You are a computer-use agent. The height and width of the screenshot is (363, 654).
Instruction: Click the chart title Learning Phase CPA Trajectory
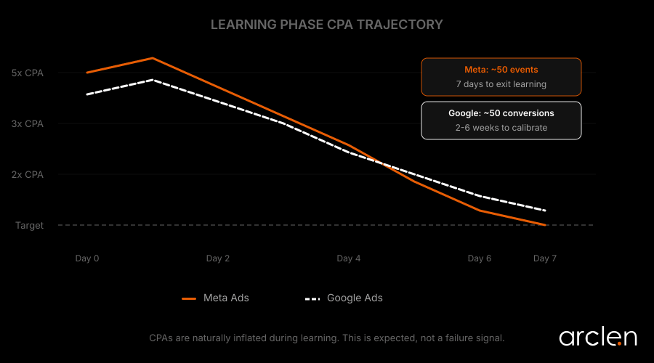326,25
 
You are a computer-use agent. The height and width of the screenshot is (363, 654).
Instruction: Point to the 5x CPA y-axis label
28,73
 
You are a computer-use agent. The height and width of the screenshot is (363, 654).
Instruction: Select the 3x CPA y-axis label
28,123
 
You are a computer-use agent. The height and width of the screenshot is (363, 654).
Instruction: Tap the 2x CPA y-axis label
28,174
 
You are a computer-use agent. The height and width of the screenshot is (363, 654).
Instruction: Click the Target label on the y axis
30,225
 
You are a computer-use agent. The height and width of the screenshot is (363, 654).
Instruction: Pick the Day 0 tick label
87,258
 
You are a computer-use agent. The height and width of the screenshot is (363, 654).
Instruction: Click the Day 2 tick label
218,258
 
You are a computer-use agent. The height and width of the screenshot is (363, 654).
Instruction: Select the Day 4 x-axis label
349,258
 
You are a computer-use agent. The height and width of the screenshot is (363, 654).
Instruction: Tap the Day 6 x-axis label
480,258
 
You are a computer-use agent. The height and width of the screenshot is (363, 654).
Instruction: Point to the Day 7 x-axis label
545,258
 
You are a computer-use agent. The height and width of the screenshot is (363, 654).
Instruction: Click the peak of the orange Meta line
153,58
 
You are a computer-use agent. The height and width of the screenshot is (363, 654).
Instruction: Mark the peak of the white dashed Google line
153,80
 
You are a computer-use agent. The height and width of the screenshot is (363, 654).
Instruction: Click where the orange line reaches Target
545,225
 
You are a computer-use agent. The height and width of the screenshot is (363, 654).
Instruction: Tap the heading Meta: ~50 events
501,70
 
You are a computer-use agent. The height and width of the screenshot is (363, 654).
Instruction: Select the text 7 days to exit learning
501,84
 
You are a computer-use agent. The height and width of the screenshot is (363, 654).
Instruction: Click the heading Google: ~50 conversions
501,113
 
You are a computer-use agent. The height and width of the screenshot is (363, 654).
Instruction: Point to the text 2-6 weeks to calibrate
501,128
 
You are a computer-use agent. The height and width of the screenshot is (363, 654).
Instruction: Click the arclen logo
597,337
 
